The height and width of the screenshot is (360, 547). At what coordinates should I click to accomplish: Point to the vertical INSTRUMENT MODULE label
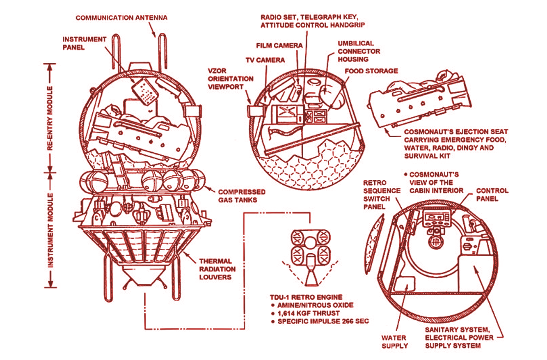point(50,230)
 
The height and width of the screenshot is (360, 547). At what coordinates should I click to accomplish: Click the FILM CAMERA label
point(279,45)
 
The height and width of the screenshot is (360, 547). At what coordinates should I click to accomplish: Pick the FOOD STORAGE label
point(371,71)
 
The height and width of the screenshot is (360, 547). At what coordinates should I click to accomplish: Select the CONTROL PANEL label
point(492,195)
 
